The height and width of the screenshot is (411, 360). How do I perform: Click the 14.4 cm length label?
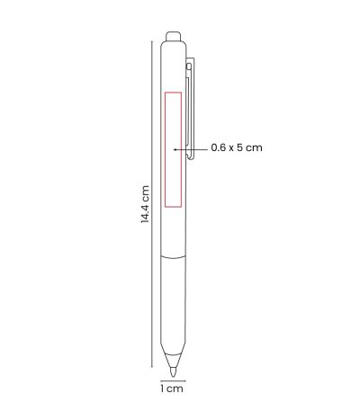[145, 204]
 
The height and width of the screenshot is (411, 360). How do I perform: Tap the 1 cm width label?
[172, 389]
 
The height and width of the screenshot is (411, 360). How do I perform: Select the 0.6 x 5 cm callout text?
[237, 147]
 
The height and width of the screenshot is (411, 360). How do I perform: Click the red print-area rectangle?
[165, 149]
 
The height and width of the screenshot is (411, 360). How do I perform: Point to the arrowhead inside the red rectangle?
[175, 149]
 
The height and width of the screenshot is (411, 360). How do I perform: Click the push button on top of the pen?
[174, 36]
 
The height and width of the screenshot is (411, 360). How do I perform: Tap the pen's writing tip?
[173, 372]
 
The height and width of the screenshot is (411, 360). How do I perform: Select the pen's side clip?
[190, 108]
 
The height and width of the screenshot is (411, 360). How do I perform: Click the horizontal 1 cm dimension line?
[173, 381]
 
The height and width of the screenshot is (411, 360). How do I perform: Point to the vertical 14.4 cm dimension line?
[152, 204]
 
